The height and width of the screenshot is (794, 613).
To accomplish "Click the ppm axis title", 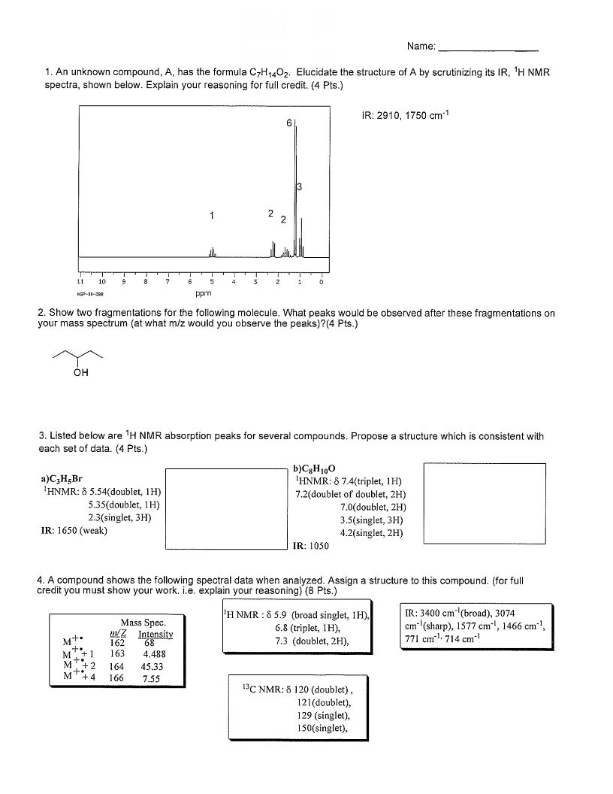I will (x=203, y=293).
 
